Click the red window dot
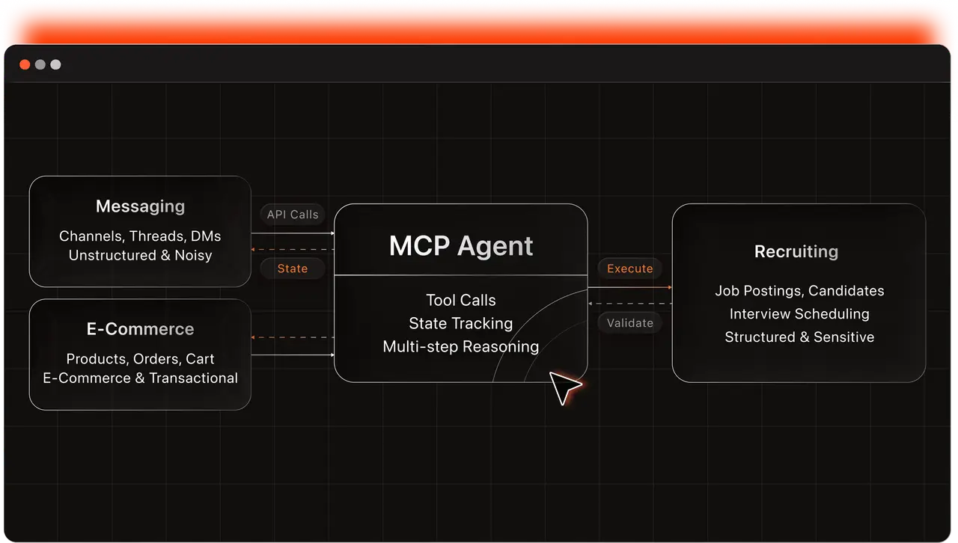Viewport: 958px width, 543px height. click(x=25, y=64)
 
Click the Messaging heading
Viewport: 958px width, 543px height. click(x=140, y=206)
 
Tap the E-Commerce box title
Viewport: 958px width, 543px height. click(x=140, y=329)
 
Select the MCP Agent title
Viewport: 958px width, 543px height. click(x=461, y=246)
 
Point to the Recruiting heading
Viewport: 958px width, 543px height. click(x=796, y=252)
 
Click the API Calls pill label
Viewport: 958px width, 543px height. click(x=293, y=214)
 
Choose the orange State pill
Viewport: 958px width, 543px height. click(x=293, y=269)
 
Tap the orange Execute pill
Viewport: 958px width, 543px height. click(x=630, y=269)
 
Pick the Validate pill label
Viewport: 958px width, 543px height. click(x=630, y=323)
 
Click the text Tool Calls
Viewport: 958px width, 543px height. click(x=461, y=300)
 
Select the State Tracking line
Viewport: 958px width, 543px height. click(x=461, y=323)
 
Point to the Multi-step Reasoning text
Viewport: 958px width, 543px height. click(x=461, y=347)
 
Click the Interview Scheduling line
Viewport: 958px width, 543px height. click(x=799, y=314)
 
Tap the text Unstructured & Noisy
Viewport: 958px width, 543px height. click(x=140, y=255)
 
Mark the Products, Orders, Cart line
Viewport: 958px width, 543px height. click(x=140, y=359)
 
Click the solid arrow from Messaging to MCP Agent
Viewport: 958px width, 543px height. click(x=293, y=233)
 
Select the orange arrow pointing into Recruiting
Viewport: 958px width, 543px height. click(x=630, y=287)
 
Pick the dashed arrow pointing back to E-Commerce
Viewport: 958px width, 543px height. click(x=293, y=337)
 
